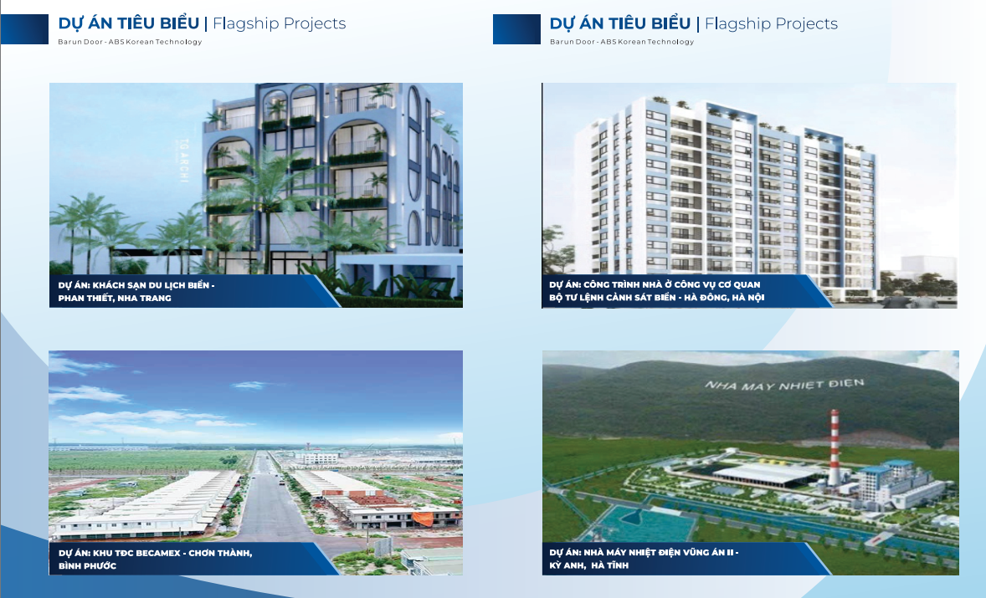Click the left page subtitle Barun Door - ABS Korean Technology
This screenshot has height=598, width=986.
tap(130, 42)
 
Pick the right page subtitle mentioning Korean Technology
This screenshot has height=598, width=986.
tap(622, 42)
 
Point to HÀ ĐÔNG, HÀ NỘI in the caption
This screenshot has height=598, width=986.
tap(719, 298)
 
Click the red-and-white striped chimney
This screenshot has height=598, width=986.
tap(835, 452)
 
